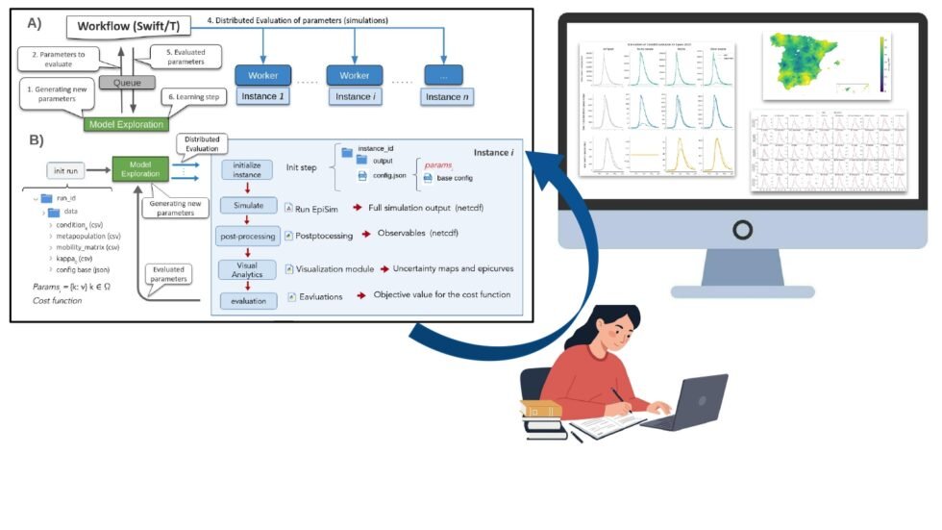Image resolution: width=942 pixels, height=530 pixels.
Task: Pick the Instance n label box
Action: click(443, 96)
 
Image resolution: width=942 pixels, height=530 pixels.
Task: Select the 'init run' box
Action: click(71, 170)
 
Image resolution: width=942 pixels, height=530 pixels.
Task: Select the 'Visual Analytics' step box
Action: click(248, 270)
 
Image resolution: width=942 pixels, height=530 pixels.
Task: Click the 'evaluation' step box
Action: click(248, 300)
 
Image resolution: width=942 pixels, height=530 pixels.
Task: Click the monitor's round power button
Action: click(742, 229)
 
